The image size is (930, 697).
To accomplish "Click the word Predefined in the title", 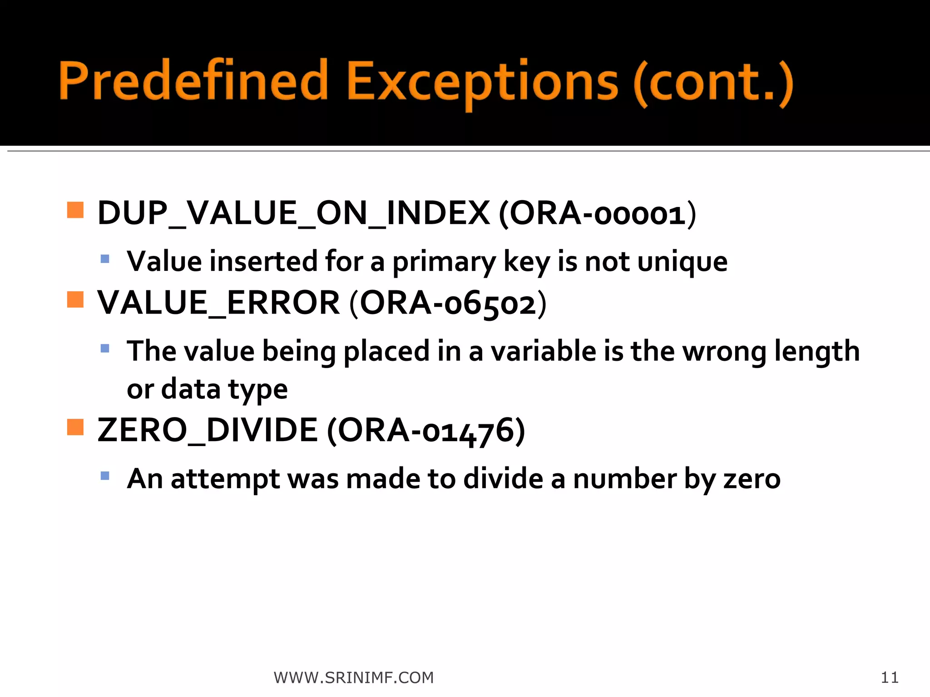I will (193, 81).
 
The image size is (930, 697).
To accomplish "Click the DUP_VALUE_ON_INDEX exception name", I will (293, 213).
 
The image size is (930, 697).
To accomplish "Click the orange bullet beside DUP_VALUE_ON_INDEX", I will (75, 210).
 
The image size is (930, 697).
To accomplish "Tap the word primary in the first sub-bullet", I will (444, 262).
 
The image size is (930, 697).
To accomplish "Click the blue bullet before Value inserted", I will (105, 259).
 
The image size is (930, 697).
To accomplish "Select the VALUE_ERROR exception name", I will (218, 303).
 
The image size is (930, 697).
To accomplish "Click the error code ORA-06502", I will (448, 303).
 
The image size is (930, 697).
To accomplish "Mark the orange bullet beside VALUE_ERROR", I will (75, 299).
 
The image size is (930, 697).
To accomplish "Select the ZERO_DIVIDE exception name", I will (208, 430).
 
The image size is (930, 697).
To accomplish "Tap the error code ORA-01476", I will (425, 430).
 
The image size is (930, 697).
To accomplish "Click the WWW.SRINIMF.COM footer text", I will (354, 677).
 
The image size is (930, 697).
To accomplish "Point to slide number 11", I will (890, 677).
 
